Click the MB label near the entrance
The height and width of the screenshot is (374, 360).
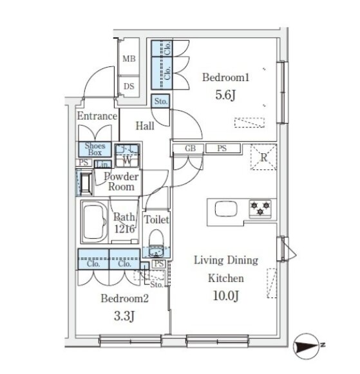129,59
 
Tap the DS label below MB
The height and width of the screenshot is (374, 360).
129,86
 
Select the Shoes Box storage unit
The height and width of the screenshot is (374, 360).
95,149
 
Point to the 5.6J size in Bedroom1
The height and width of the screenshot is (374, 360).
225,95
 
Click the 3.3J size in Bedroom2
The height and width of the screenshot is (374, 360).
124,316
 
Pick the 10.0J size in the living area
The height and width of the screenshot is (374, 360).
225,295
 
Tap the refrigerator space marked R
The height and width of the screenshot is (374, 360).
263,157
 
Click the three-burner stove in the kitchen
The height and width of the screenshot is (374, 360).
260,209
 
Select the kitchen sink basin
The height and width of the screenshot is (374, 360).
226,209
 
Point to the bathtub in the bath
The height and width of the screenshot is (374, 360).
95,222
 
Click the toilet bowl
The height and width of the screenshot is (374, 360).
156,243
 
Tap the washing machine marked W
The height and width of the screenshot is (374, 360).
127,156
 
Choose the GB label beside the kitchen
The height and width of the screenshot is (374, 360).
191,148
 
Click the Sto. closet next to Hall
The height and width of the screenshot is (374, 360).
161,101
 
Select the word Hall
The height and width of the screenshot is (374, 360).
145,126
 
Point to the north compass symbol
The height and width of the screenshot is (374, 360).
307,346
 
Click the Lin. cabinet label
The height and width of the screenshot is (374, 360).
103,164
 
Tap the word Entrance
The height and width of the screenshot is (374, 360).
97,116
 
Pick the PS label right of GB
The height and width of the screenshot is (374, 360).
222,148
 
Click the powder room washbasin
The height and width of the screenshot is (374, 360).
86,183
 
